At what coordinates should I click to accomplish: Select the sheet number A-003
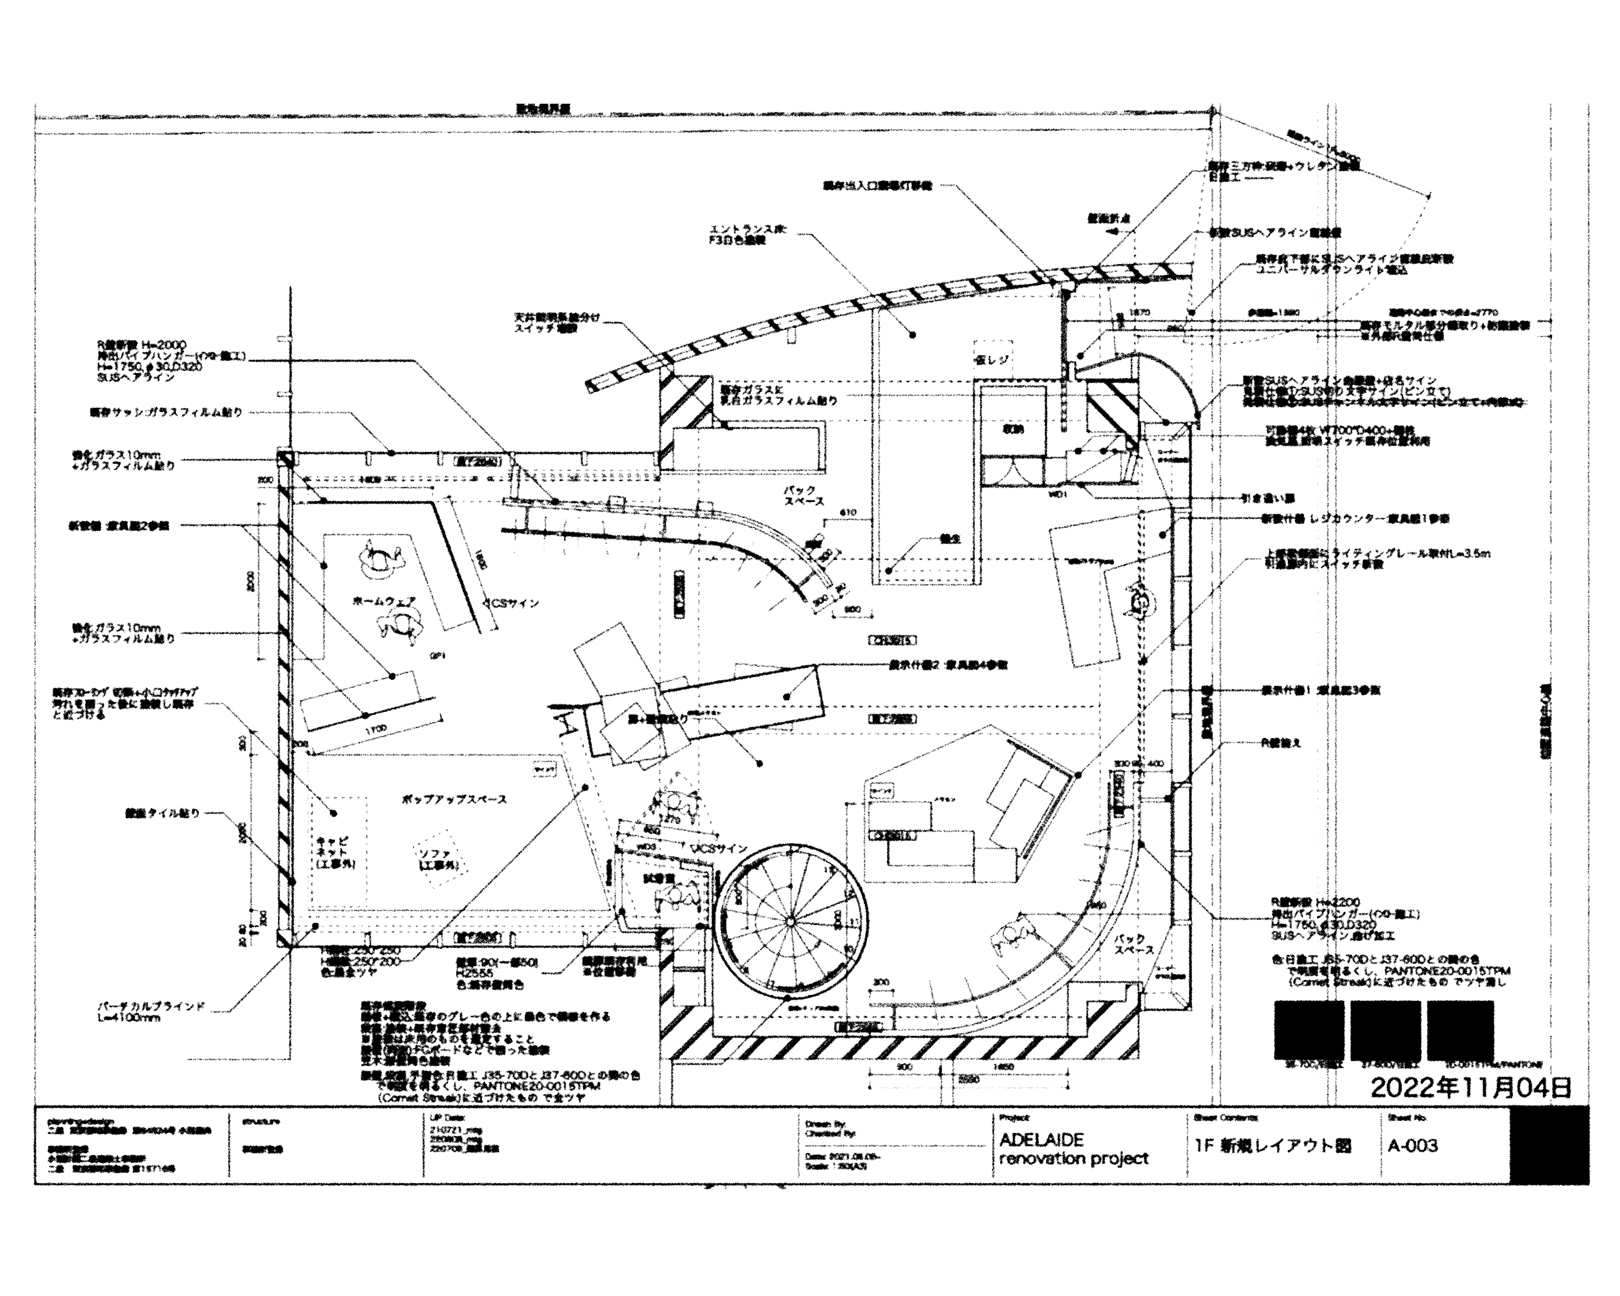click(1413, 1146)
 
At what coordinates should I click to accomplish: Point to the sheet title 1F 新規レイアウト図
click(1273, 1146)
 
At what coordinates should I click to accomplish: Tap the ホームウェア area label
click(383, 600)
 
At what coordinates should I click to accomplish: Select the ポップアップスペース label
click(455, 799)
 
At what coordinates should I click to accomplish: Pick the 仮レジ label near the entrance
click(993, 360)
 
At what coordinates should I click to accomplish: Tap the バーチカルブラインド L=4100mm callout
click(150, 1011)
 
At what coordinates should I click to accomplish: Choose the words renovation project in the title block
click(1074, 1158)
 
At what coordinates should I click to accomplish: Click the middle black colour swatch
click(1385, 1029)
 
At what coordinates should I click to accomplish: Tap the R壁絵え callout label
click(1280, 743)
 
